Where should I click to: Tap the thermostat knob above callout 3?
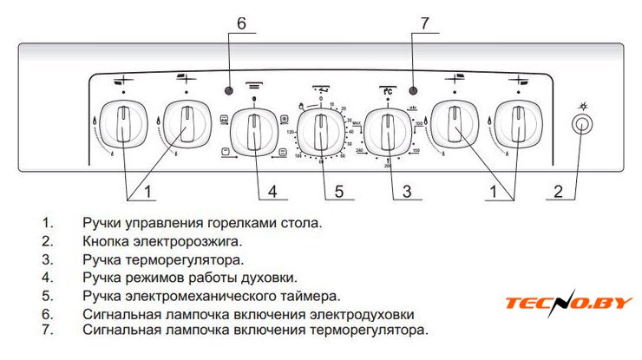coord(388,132)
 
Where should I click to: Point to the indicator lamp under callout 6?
coord(228,91)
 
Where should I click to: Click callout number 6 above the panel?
coord(240,24)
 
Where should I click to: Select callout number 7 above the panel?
coord(423,24)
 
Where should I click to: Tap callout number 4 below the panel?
coord(272,190)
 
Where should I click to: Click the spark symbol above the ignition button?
coord(583,105)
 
